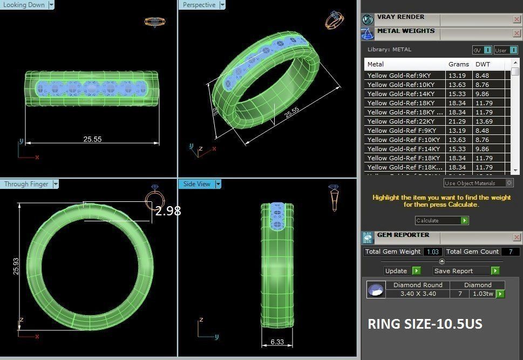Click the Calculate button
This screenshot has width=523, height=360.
(441, 220)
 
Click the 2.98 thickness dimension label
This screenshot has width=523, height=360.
(168, 211)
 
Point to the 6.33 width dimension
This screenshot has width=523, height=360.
(277, 342)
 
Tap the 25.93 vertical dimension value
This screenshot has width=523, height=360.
(16, 266)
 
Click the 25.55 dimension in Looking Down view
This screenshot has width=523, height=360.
(92, 139)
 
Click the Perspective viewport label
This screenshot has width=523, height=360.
(199, 5)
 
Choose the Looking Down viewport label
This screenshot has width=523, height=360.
(24, 5)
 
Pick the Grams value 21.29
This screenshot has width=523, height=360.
(457, 121)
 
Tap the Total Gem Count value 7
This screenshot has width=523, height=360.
(510, 252)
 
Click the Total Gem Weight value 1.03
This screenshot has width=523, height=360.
(433, 252)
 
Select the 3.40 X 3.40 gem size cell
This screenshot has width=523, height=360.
(417, 294)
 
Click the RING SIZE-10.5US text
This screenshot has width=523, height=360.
(425, 324)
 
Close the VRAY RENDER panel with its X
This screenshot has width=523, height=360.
(517, 19)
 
